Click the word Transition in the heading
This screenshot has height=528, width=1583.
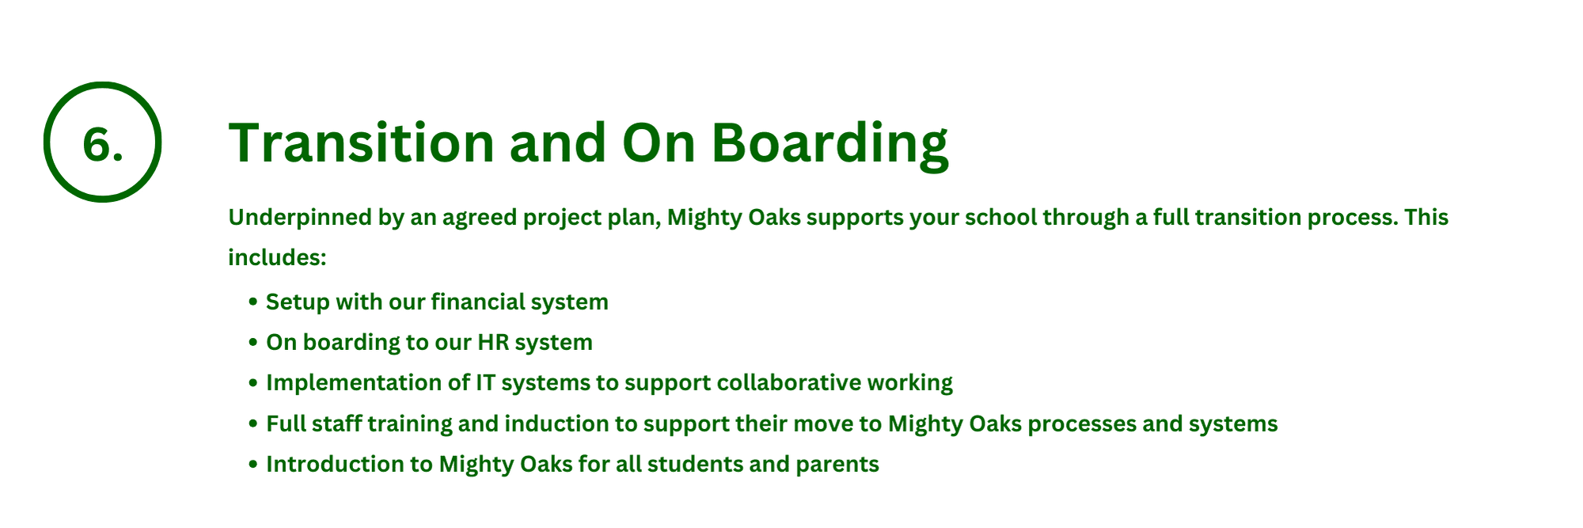coord(362,142)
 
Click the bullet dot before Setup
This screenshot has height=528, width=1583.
coord(253,302)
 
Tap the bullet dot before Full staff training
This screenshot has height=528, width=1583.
coord(253,424)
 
